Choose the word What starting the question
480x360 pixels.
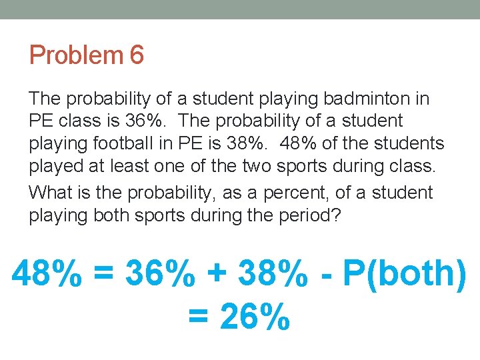(x=51, y=193)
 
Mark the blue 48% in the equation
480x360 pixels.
(x=47, y=273)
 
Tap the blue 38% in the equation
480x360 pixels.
(x=275, y=273)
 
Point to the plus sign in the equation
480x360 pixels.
(x=217, y=275)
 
